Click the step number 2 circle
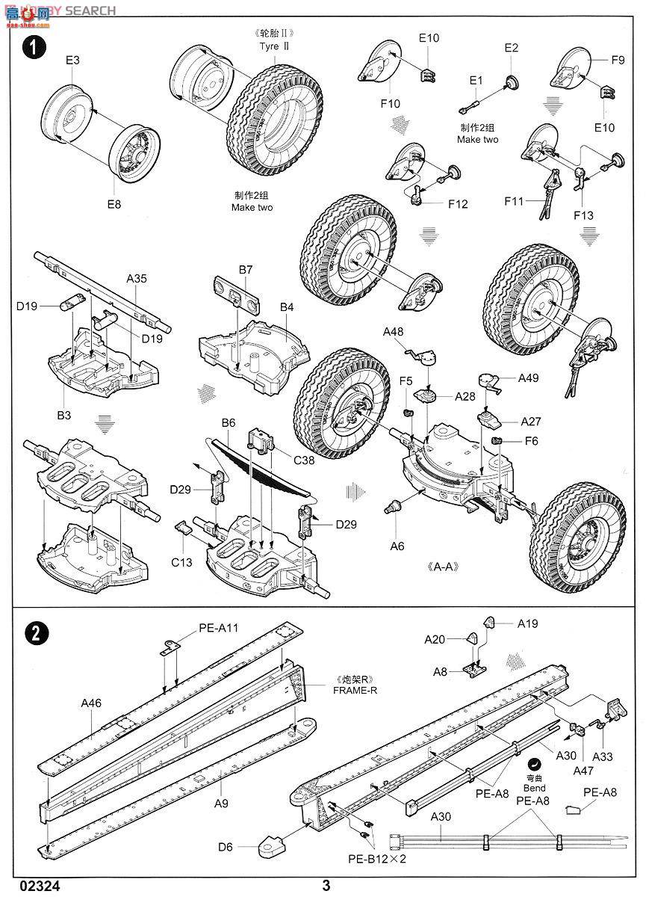click(x=34, y=632)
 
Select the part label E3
click(x=72, y=61)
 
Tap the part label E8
click(x=113, y=203)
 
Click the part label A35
click(x=137, y=278)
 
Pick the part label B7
click(x=246, y=269)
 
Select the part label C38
click(x=304, y=460)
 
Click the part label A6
click(x=397, y=546)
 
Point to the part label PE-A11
click(x=219, y=628)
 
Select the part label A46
click(x=93, y=703)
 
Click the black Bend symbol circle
click(x=534, y=764)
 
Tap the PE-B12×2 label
click(x=377, y=859)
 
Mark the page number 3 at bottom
click(x=326, y=887)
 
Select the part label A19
click(x=527, y=623)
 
